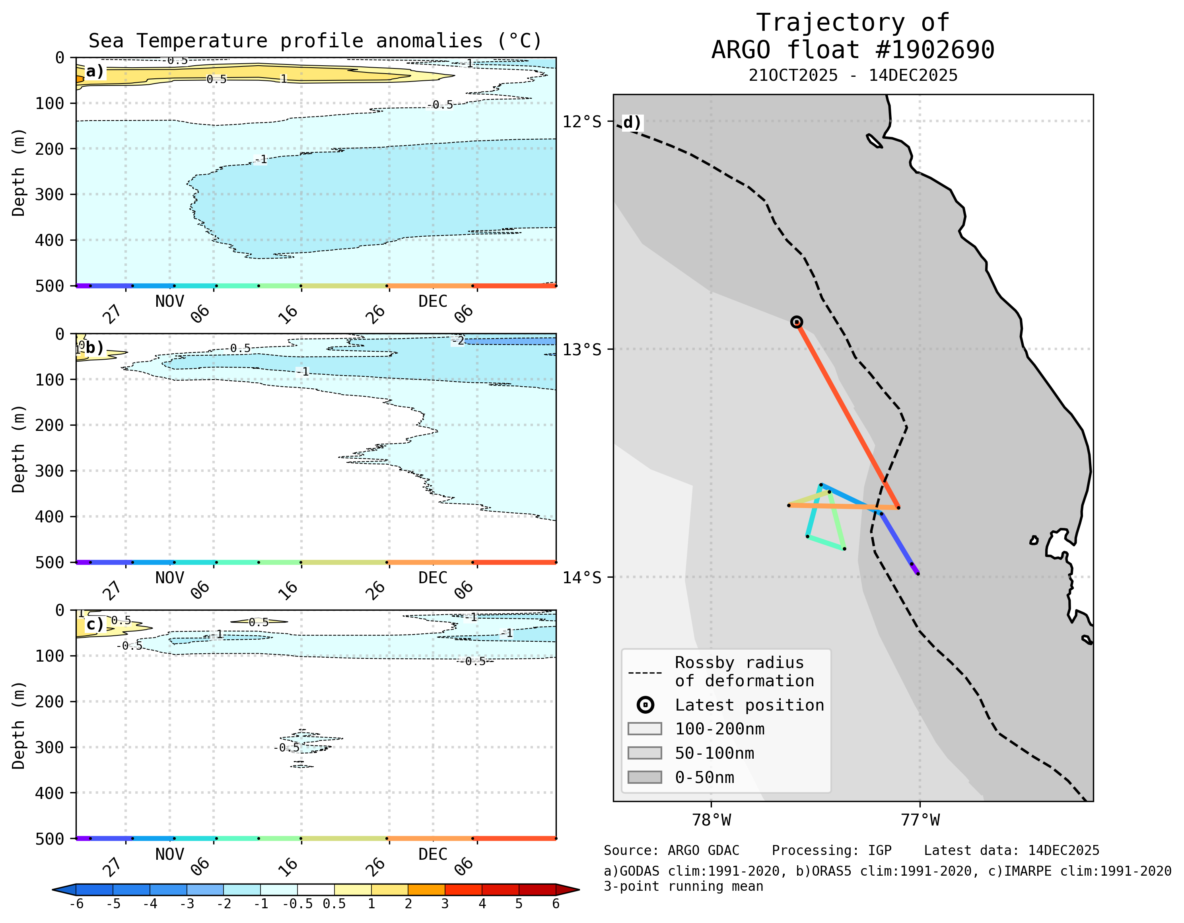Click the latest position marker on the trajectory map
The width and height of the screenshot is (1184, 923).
click(796, 322)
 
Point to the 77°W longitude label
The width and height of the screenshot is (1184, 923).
click(920, 820)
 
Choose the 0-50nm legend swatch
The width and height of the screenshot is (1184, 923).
click(645, 777)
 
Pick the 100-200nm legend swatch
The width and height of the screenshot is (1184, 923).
click(645, 729)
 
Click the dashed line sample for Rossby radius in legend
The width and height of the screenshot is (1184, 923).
click(645, 673)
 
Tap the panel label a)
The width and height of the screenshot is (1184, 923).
click(94, 71)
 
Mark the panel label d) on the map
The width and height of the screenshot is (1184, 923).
click(632, 122)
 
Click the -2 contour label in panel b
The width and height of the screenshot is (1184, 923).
click(458, 341)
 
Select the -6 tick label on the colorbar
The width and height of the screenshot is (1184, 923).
click(76, 904)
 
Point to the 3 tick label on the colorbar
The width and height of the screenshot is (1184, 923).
click(445, 904)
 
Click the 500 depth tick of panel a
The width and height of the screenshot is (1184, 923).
click(49, 286)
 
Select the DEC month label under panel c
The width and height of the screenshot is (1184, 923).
click(433, 854)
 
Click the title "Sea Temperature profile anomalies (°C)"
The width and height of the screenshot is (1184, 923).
click(315, 41)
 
